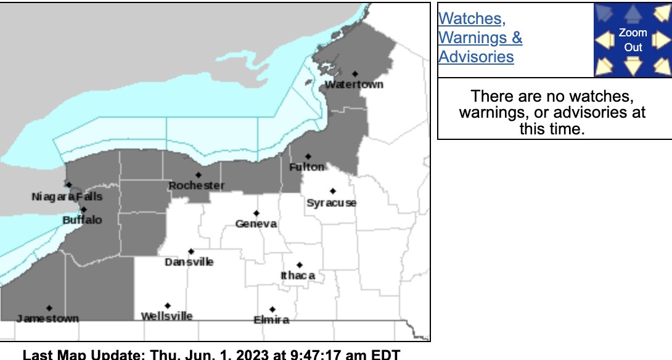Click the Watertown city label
tap(354, 84)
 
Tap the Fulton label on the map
tap(307, 167)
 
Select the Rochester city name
tap(197, 186)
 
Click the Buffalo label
tap(82, 220)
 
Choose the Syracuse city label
tap(331, 203)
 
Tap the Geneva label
tap(256, 224)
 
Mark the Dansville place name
tap(189, 262)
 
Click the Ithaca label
tap(298, 276)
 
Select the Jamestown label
tap(47, 319)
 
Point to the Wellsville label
tap(166, 316)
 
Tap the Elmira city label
tap(271, 320)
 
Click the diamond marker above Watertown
tap(355, 74)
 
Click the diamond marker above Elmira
tap(272, 309)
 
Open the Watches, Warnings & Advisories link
tap(480, 38)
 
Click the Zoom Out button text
tap(633, 40)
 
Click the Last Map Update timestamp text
tap(211, 354)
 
